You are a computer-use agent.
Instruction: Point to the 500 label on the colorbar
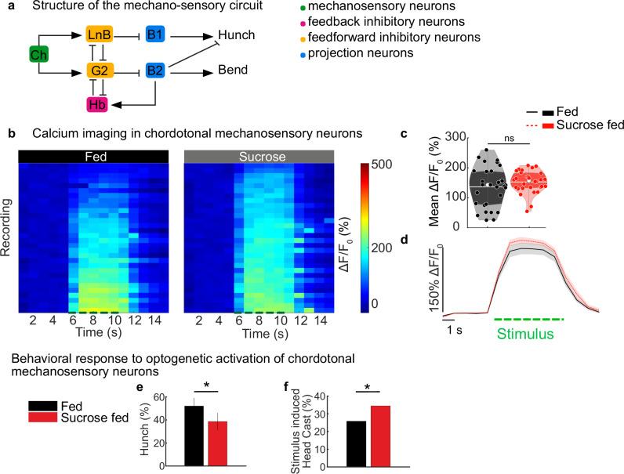374,165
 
